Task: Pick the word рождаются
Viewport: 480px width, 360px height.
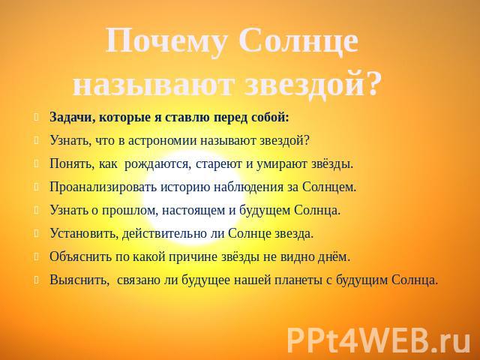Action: [x=157, y=165]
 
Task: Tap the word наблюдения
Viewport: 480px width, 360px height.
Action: [x=248, y=187]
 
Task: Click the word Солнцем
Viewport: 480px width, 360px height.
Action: [x=329, y=187]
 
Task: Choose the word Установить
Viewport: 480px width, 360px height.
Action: [x=84, y=233]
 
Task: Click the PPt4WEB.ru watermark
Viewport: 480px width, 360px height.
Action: [x=378, y=340]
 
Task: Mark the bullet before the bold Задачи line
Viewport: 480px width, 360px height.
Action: [x=37, y=117]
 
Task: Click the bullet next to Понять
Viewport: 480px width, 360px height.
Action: [x=37, y=163]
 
